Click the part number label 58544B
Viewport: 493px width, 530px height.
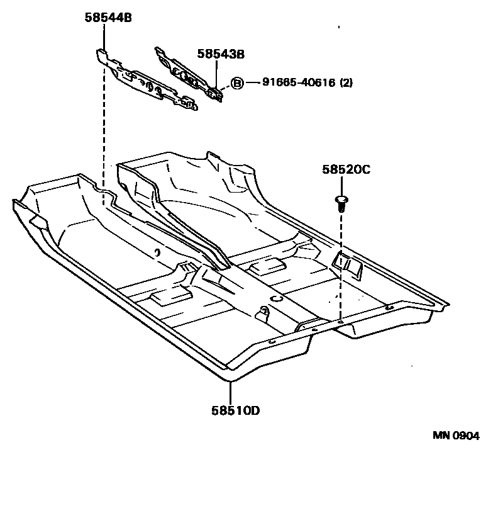pyautogui.click(x=108, y=18)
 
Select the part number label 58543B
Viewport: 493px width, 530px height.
pyautogui.click(x=220, y=54)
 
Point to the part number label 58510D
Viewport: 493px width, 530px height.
pyautogui.click(x=236, y=411)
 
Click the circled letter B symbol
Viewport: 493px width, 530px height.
pyautogui.click(x=237, y=82)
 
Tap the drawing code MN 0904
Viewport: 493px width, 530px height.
pyautogui.click(x=456, y=436)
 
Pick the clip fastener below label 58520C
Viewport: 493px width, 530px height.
pyautogui.click(x=341, y=203)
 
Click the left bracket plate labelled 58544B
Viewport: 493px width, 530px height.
pyautogui.click(x=148, y=82)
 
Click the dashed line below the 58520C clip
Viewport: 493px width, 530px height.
pyautogui.click(x=341, y=264)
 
